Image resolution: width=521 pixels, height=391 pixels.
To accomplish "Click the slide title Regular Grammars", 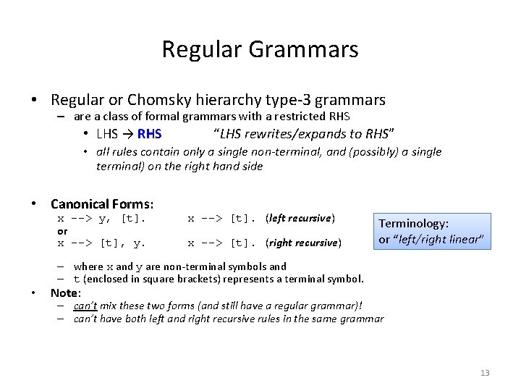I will point(260,49).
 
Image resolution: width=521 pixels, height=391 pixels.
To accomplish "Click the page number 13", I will point(485,373).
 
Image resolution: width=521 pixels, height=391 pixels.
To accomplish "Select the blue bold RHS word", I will point(149,134).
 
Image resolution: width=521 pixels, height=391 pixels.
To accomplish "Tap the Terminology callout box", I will point(432,232).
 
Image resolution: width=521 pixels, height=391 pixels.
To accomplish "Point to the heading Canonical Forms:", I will point(102,204).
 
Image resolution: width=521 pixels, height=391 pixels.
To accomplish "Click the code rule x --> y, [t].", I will point(101,218).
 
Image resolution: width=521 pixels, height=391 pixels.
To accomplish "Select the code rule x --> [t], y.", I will point(101,243).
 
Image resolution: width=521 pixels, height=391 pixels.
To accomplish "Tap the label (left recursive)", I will point(300,218).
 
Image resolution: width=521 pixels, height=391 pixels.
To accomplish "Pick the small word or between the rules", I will point(62,231).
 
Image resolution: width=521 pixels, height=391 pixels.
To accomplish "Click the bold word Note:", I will point(66,293).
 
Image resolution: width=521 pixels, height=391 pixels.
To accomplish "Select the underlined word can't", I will point(85,306).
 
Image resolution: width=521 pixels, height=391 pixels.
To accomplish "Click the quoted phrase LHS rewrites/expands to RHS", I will point(304,134).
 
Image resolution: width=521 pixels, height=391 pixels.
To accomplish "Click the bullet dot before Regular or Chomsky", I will point(34,101).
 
